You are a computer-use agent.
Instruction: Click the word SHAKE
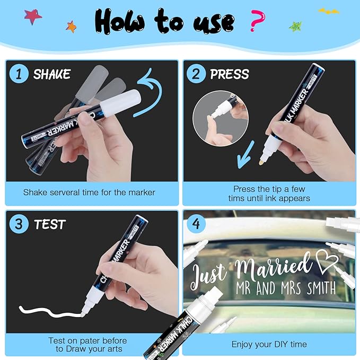tap(52, 74)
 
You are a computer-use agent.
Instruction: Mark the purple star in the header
tap(32, 15)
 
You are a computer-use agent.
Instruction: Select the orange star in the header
tap(71, 26)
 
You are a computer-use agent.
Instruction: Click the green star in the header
tap(296, 25)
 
